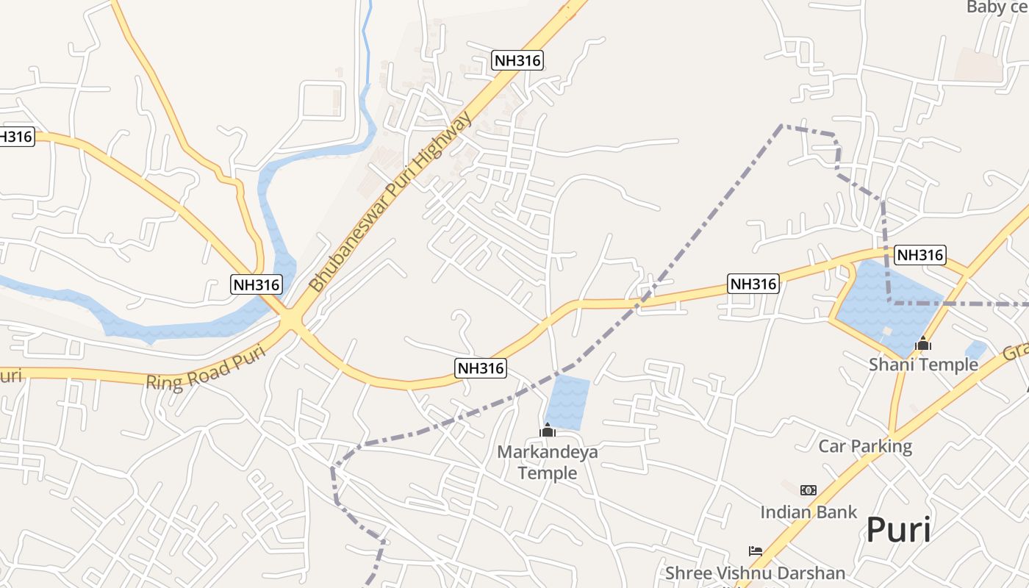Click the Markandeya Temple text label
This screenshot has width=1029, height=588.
(548, 462)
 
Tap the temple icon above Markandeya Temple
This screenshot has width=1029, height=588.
(548, 430)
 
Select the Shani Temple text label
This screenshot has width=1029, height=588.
(923, 364)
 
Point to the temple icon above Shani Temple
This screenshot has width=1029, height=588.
(923, 343)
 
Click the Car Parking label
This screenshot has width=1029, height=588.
(865, 446)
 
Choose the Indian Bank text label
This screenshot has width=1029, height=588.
(808, 512)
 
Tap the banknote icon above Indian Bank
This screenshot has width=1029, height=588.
(808, 490)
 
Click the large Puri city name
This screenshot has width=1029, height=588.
(898, 530)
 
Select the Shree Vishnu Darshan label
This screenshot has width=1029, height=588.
(755, 573)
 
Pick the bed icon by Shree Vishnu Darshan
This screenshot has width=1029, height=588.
(755, 551)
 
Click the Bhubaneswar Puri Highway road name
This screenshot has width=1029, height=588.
(390, 202)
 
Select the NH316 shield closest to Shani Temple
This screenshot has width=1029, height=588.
(919, 255)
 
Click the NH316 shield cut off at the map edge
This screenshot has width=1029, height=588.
(16, 136)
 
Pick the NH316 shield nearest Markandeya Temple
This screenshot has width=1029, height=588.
(481, 368)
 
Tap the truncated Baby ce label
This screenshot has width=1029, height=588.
(997, 7)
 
